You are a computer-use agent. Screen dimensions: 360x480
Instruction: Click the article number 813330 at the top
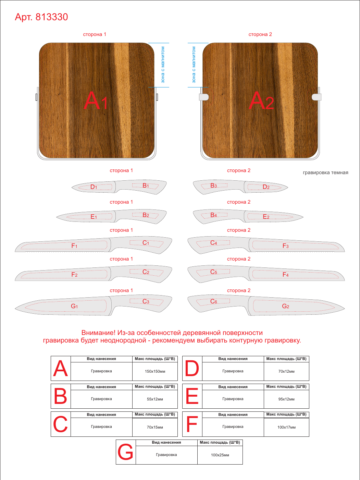tap(52, 17)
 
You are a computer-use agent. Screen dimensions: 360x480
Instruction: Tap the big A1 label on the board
tap(96, 100)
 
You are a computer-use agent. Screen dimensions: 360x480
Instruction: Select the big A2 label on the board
tap(261, 100)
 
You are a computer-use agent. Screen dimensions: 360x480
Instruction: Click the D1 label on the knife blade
tap(94, 187)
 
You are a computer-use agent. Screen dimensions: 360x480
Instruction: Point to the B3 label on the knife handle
tap(213, 186)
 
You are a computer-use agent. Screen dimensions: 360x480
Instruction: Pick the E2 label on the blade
tap(266, 217)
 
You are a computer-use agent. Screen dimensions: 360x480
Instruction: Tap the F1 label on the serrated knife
tap(74, 246)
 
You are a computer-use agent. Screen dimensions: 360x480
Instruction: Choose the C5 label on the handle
tap(214, 272)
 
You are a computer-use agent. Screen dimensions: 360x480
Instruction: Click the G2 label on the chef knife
tap(286, 306)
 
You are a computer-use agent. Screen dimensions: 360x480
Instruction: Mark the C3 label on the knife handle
tap(146, 301)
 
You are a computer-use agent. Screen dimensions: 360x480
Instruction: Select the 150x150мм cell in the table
tap(155, 371)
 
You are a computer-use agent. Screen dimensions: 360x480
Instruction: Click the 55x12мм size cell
tap(155, 399)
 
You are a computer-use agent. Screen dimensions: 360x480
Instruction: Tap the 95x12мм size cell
tap(286, 399)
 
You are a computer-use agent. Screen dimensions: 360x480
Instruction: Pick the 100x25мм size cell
tap(220, 455)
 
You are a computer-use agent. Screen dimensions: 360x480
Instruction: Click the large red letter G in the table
tap(125, 452)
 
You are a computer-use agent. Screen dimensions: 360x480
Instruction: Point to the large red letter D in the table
tap(192, 369)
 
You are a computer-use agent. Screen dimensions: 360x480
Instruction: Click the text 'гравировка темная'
tap(325, 172)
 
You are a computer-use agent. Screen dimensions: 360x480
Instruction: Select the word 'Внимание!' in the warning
tap(98, 333)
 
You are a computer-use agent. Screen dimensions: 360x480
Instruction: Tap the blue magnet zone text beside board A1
tap(162, 65)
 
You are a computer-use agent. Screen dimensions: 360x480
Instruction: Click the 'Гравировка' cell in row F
tap(233, 427)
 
